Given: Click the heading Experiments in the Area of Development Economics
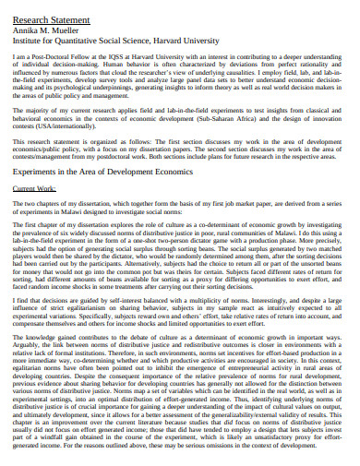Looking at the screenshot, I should click(100, 172).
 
